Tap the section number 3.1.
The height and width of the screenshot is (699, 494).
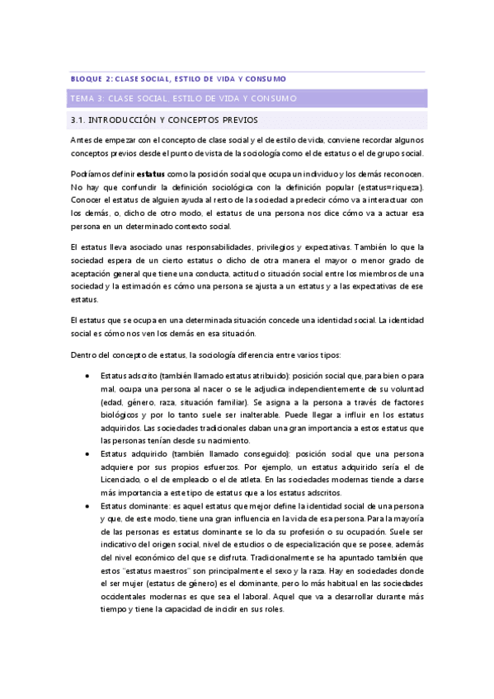pos(81,120)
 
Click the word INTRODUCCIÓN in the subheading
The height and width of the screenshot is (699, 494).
pos(127,120)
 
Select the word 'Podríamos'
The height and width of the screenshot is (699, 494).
pos(91,175)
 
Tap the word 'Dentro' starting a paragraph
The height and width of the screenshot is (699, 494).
pos(83,354)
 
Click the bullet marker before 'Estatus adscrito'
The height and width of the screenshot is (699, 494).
pos(88,375)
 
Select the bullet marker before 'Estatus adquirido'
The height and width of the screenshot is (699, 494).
pos(88,453)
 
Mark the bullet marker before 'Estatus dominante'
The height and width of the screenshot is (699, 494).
pos(88,505)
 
